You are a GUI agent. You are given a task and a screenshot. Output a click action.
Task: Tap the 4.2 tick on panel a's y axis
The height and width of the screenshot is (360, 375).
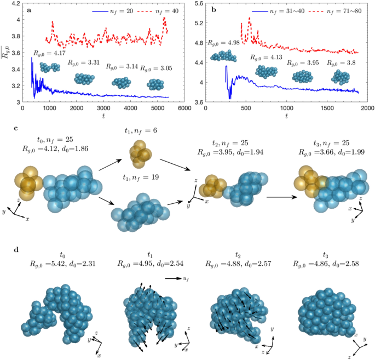tap(14, 3)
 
